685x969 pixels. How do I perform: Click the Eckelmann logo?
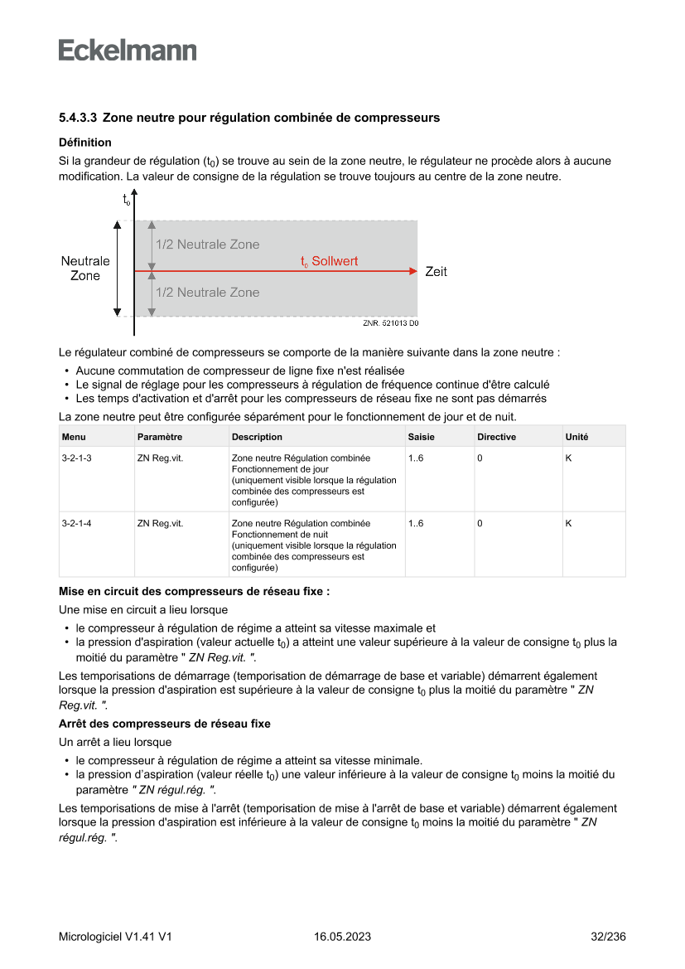(x=128, y=50)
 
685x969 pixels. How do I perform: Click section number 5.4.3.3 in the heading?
(x=79, y=118)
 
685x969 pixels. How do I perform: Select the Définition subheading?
(x=84, y=143)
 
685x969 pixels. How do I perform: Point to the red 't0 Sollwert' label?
(x=329, y=261)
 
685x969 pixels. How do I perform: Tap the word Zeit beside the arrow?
(x=436, y=271)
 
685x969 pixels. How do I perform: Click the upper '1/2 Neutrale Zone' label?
(x=207, y=245)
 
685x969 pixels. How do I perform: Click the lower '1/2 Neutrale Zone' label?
(x=207, y=293)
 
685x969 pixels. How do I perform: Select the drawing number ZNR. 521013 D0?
(x=391, y=323)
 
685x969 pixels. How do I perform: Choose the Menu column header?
(x=74, y=437)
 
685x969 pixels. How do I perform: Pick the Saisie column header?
(x=421, y=437)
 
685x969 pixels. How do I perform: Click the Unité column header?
(x=576, y=437)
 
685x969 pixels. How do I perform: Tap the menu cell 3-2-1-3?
(x=76, y=458)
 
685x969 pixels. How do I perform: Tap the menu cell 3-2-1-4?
(x=76, y=523)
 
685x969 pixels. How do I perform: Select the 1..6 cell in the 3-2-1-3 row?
(x=416, y=458)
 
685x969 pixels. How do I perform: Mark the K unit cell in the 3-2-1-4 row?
(x=568, y=523)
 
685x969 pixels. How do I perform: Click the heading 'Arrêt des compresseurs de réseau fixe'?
(x=165, y=724)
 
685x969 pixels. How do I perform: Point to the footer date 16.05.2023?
(x=342, y=937)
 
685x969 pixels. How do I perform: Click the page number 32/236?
(x=608, y=937)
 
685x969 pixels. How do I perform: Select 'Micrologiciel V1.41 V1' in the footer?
(x=115, y=937)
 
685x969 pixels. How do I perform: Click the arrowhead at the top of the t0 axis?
(x=133, y=194)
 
